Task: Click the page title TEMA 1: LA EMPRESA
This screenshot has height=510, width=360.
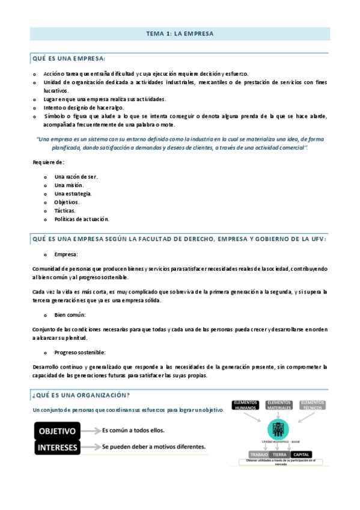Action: [x=180, y=34]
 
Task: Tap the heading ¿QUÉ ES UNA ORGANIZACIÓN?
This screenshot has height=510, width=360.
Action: [x=81, y=395]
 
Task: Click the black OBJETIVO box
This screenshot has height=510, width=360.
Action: [x=57, y=431]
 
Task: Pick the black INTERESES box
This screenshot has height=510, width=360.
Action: [x=57, y=447]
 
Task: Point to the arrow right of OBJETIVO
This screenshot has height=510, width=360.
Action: [x=91, y=431]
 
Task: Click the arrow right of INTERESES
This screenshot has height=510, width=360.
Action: [x=91, y=447]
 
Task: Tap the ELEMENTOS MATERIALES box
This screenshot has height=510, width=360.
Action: [x=278, y=405]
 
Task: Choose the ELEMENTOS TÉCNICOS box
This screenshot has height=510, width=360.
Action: [x=312, y=405]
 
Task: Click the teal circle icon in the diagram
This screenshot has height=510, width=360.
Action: [x=278, y=429]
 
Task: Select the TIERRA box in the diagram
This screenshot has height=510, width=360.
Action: [x=279, y=454]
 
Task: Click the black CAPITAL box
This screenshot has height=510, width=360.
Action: [x=301, y=454]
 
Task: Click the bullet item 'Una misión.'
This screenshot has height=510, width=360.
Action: [x=69, y=185]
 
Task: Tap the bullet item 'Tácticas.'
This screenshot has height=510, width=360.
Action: [x=65, y=210]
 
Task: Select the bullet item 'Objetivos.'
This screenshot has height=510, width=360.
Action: [x=67, y=202]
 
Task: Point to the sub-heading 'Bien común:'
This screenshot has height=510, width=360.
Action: [x=70, y=315]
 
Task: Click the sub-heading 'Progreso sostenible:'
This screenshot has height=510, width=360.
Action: [x=79, y=352]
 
